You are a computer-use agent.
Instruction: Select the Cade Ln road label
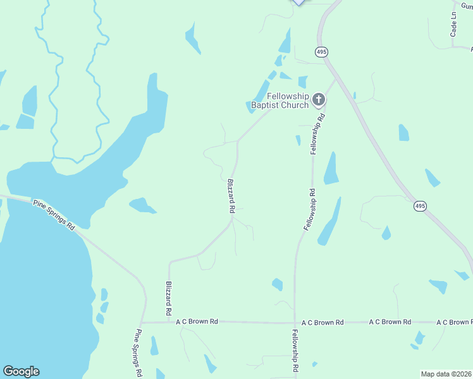pos(453,25)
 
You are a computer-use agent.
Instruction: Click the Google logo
pos(21,371)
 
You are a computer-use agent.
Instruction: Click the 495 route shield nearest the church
pos(321,51)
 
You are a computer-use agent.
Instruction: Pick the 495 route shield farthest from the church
pos(421,206)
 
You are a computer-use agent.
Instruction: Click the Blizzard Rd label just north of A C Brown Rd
pos(169,298)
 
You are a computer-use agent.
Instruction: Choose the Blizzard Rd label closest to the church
pos(231,195)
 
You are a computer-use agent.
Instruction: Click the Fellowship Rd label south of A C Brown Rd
pos(295,349)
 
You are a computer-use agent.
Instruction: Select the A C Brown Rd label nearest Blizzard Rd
pos(197,322)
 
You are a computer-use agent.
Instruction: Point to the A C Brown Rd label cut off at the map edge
pos(454,322)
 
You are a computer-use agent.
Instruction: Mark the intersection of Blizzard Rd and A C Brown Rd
pos(169,322)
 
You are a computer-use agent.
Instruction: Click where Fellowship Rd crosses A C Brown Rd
pos(295,323)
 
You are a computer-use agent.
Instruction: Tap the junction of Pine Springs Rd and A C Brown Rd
pos(143,322)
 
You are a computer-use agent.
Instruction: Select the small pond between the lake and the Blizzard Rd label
pos(142,205)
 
